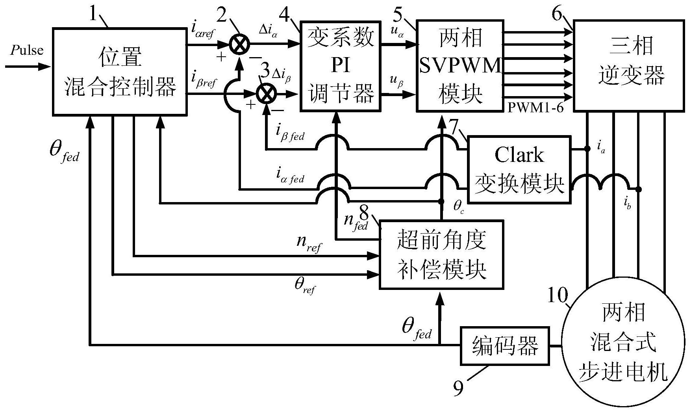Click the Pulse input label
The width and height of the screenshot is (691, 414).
[27, 50]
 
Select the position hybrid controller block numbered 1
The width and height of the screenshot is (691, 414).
[120, 72]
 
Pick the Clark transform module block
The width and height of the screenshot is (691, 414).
[519, 169]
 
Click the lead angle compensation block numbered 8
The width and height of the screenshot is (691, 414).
[441, 255]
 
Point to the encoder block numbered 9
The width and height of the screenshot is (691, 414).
[505, 346]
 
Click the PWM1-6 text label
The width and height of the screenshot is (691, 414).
[535, 107]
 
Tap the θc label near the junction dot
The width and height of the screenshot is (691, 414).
[458, 206]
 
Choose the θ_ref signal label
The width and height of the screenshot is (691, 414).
[305, 286]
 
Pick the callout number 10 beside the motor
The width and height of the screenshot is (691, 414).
[558, 295]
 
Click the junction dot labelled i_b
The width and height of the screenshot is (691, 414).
[639, 189]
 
